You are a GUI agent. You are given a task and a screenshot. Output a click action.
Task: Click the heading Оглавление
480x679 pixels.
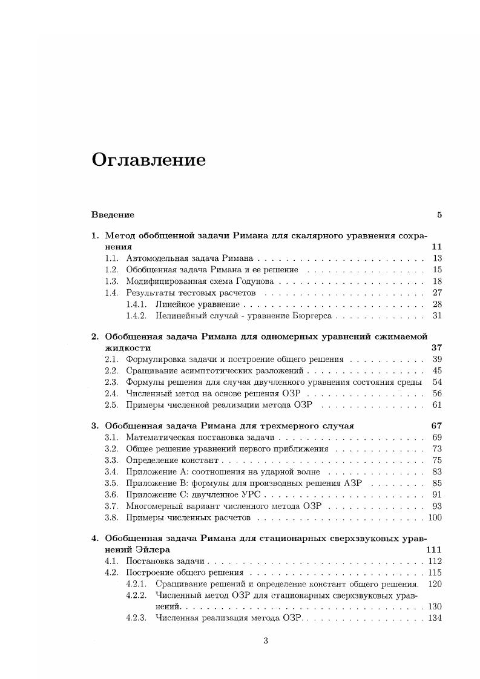(148, 160)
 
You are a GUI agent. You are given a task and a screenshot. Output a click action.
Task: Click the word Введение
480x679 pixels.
(113, 215)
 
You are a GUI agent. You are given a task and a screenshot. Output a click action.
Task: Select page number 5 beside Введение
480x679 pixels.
(439, 215)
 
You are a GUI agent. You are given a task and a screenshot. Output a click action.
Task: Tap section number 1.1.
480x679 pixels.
(111, 258)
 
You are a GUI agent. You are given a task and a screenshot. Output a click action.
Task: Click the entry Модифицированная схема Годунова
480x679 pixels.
(200, 281)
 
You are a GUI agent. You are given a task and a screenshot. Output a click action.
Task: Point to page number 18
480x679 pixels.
(437, 281)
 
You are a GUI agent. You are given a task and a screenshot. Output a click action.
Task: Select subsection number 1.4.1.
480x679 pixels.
(136, 304)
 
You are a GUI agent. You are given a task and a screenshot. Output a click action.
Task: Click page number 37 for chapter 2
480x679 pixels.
(436, 348)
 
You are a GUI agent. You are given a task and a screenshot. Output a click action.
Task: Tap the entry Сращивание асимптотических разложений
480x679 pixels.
(215, 371)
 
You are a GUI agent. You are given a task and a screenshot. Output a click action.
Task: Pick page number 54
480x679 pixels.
(437, 382)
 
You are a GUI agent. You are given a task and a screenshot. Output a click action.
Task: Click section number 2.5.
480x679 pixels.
(111, 405)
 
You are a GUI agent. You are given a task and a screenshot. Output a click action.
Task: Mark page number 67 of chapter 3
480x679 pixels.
(436, 426)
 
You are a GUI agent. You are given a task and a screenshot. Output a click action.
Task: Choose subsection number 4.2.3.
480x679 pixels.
(136, 618)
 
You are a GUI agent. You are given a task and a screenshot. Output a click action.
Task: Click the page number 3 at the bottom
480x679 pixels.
(265, 641)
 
